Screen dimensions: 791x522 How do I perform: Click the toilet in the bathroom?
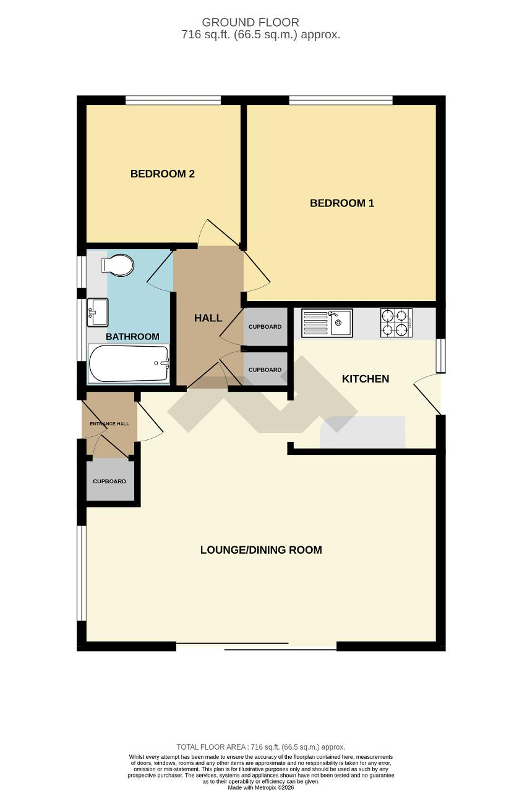pyautogui.click(x=119, y=266)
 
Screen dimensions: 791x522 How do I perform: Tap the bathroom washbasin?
pyautogui.click(x=98, y=312)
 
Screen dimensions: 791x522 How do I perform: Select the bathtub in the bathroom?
pyautogui.click(x=129, y=365)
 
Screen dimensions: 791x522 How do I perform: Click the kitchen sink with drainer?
pyautogui.click(x=327, y=323)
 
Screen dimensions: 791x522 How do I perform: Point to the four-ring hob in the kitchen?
pyautogui.click(x=396, y=323)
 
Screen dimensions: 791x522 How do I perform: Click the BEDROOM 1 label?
pyautogui.click(x=342, y=203)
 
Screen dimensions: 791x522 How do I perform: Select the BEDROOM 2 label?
pyautogui.click(x=163, y=174)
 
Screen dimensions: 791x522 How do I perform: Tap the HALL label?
pyautogui.click(x=208, y=318)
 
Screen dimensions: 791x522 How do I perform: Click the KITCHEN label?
pyautogui.click(x=366, y=379)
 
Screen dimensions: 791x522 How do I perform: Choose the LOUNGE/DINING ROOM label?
pyautogui.click(x=261, y=550)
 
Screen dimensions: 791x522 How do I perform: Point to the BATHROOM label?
pyautogui.click(x=132, y=337)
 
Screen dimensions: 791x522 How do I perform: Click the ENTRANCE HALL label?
pyautogui.click(x=109, y=424)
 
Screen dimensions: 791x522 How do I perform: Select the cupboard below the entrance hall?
pyautogui.click(x=109, y=481)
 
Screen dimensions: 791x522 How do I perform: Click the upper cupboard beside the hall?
pyautogui.click(x=265, y=326)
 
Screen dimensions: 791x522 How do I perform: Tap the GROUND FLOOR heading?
pyautogui.click(x=250, y=23)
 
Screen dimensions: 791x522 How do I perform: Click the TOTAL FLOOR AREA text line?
pyautogui.click(x=261, y=747)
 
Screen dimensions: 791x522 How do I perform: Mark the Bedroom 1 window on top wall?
pyautogui.click(x=340, y=100)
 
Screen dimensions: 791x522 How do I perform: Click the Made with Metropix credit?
pyautogui.click(x=261, y=787)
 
